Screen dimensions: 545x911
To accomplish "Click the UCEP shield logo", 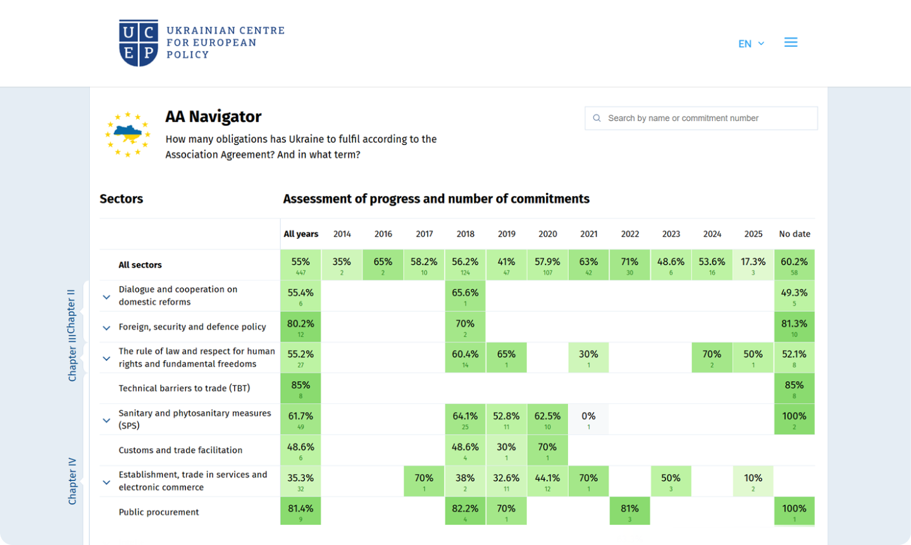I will tap(139, 42).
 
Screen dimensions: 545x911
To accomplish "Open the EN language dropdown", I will tap(751, 44).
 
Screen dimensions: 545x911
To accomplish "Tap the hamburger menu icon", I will tap(791, 42).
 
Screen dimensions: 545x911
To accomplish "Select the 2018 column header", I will tap(466, 234).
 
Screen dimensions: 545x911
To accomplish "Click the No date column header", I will tap(795, 234).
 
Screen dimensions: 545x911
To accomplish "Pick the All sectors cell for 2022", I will tap(629, 265).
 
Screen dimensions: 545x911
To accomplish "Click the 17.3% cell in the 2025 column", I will tap(753, 265).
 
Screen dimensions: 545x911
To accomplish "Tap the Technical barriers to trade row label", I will tap(184, 389).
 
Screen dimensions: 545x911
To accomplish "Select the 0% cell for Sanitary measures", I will tap(588, 419).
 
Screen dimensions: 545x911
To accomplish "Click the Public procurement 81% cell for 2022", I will tap(629, 511).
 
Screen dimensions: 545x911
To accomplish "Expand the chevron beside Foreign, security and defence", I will tap(106, 328).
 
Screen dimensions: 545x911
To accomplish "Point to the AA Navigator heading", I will tap(213, 117).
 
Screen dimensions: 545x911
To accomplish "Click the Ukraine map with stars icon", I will tap(128, 134).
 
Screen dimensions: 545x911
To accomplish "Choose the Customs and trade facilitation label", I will tap(180, 451).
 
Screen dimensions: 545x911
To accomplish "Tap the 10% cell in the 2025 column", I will tap(753, 481).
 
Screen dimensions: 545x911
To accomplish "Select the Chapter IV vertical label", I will tap(72, 481).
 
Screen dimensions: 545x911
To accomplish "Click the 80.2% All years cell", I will tap(301, 327).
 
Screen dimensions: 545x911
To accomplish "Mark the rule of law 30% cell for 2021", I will tap(588, 358).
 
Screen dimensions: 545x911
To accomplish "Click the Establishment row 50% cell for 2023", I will tap(671, 481).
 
